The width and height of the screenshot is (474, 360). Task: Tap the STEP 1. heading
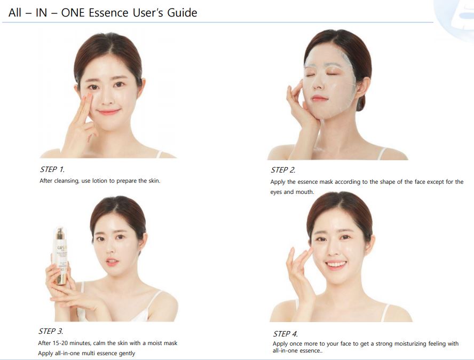(x=52, y=169)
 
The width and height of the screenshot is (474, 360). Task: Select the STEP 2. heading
(x=283, y=170)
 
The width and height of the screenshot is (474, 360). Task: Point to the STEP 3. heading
(x=51, y=331)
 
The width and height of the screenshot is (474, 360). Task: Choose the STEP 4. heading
(x=286, y=334)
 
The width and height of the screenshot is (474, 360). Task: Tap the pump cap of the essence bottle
(x=60, y=232)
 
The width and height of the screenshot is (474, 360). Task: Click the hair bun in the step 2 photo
(x=361, y=103)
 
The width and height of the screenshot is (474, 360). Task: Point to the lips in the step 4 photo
(x=336, y=265)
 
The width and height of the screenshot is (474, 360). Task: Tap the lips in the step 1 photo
(x=108, y=112)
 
